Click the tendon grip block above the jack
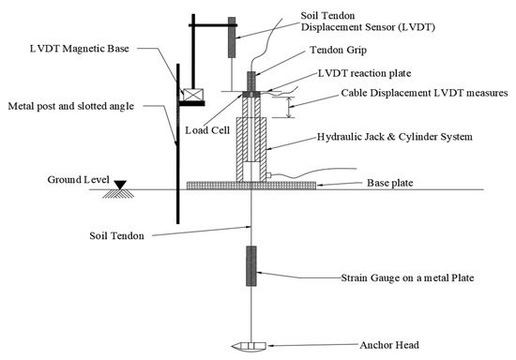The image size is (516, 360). pyautogui.click(x=250, y=80)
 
